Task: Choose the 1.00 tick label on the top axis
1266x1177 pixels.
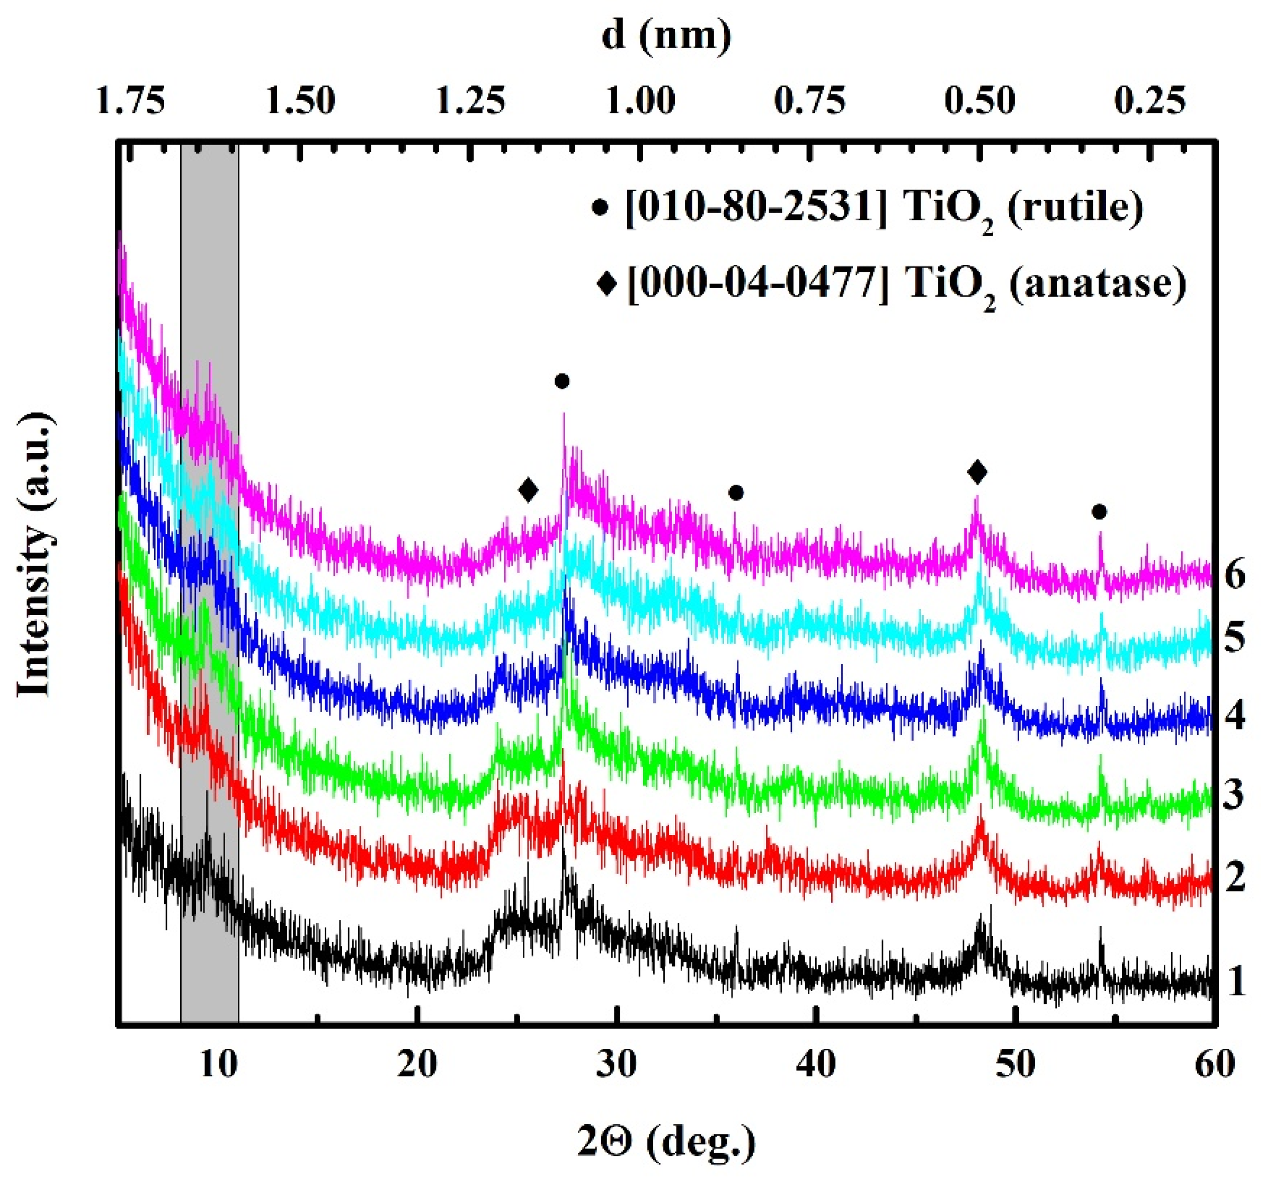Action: [640, 101]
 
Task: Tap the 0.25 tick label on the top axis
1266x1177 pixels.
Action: [1150, 101]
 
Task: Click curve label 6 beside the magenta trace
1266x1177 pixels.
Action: [1234, 576]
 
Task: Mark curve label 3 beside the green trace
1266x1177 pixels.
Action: [1234, 795]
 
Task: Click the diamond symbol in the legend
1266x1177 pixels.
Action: [607, 283]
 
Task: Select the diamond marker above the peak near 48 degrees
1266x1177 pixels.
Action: [977, 472]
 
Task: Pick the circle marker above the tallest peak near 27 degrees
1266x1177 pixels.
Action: [561, 381]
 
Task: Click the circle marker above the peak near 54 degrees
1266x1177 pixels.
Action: [1099, 512]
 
